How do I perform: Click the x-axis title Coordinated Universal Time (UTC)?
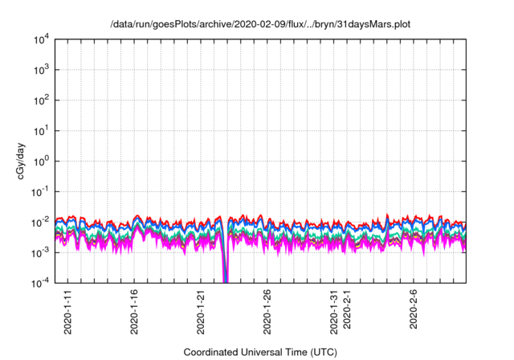(260, 352)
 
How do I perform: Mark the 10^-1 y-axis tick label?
(40, 191)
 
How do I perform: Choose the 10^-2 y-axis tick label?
(40, 222)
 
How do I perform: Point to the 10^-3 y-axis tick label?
(40, 252)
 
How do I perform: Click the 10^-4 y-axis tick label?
(40, 283)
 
